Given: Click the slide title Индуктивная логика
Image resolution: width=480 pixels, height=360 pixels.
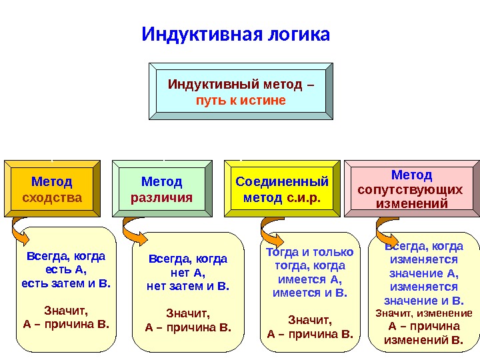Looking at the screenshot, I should tap(236, 34).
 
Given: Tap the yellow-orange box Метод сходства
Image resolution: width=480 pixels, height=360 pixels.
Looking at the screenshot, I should tap(52, 189).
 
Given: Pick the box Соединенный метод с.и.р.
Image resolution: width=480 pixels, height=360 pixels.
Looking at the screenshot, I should tap(283, 189).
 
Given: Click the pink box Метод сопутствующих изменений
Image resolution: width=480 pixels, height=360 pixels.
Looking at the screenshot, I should tap(411, 189).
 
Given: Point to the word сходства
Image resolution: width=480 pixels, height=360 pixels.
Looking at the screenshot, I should tap(52, 198).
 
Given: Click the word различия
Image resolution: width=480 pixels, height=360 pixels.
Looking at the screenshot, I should tap(161, 198).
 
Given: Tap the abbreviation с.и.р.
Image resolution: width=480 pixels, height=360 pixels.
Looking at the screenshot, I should tap(303, 198).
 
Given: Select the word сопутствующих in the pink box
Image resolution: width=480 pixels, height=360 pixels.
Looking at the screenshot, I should tap(410, 189).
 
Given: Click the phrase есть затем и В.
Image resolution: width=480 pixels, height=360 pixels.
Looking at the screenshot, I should tap(66, 283).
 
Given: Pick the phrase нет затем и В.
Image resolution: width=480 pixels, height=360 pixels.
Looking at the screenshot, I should tap(187, 286).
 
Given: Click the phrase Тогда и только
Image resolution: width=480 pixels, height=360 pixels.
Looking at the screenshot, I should tap(309, 252).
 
